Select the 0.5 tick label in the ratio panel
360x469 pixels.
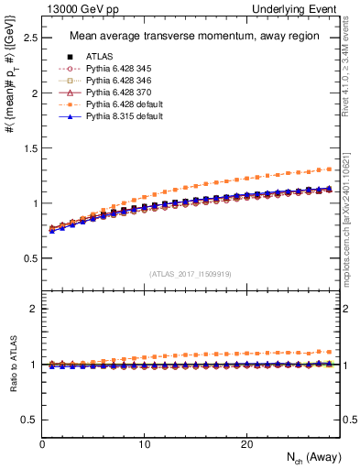27,420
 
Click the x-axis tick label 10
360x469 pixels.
145,444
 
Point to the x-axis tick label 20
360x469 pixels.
246,444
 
